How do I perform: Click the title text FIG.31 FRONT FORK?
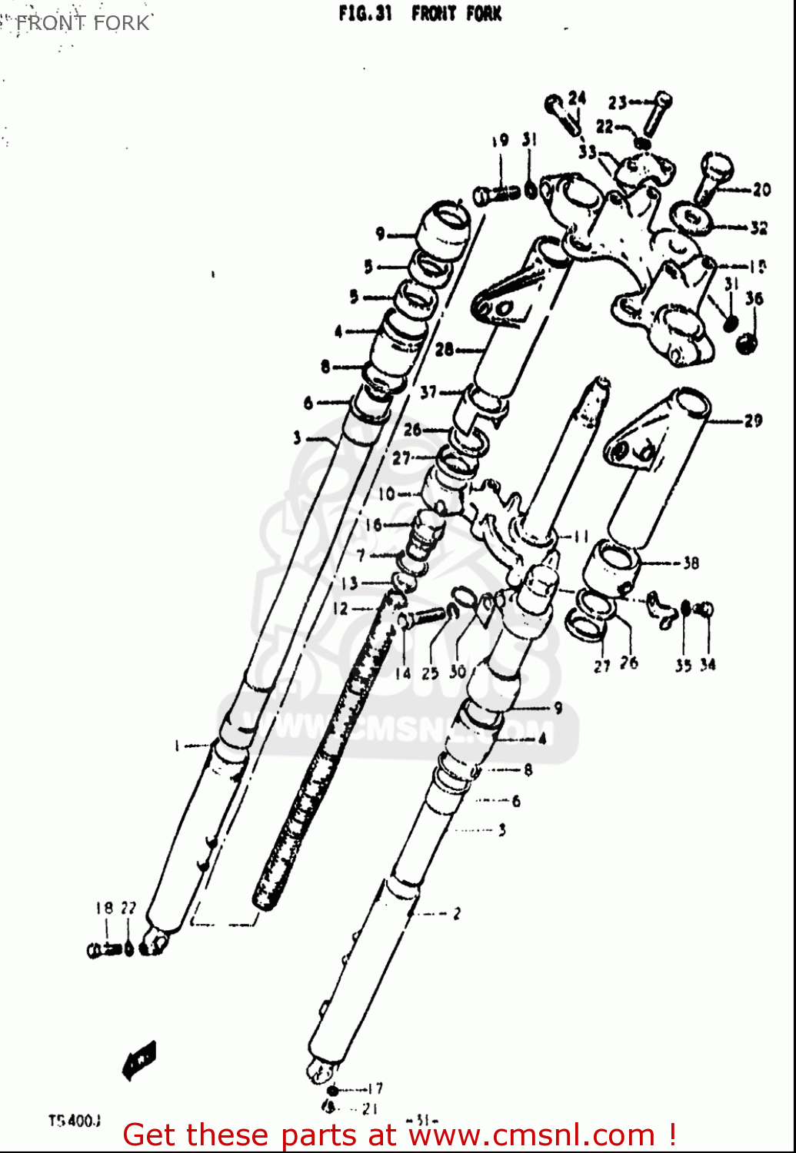(x=420, y=14)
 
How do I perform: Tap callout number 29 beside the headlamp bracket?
(x=753, y=420)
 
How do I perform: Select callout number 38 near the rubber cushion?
(x=691, y=563)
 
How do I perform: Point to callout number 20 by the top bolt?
(x=761, y=189)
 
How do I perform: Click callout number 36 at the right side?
(x=754, y=298)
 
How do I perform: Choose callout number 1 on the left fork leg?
(x=176, y=746)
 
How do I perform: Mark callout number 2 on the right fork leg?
(x=457, y=913)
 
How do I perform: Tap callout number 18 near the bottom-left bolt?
(x=104, y=908)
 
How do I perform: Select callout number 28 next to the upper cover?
(x=445, y=350)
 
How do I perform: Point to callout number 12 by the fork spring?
(x=340, y=609)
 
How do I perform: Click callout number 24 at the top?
(x=577, y=98)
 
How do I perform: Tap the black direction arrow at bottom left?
(x=140, y=1061)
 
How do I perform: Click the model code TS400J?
(x=75, y=1121)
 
